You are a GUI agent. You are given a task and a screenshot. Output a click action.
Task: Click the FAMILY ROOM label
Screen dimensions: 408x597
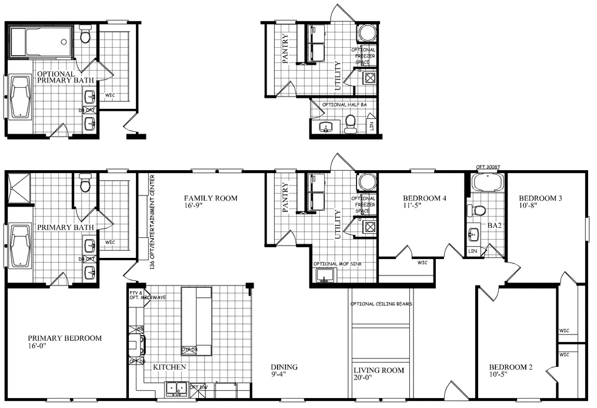(x=211, y=198)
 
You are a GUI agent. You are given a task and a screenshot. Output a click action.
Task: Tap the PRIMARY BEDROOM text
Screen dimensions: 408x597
(x=65, y=338)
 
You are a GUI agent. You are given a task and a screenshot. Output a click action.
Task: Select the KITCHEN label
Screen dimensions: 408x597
(x=169, y=367)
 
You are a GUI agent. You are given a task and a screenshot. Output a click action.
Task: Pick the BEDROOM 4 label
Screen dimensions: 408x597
(x=424, y=198)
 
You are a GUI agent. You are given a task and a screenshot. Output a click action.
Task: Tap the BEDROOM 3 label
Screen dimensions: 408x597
(x=541, y=198)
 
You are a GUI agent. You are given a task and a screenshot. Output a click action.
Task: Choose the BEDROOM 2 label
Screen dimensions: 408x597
(x=511, y=367)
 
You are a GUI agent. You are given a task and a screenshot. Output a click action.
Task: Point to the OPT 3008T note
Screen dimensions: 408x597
(x=487, y=167)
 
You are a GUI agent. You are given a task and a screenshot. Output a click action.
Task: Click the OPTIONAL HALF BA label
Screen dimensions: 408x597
(x=348, y=105)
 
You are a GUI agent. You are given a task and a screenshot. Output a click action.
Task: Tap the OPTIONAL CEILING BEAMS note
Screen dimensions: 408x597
(x=381, y=304)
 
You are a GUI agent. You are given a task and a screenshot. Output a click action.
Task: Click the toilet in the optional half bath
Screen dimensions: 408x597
(x=351, y=124)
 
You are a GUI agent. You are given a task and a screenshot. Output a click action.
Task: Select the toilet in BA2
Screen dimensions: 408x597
(x=479, y=210)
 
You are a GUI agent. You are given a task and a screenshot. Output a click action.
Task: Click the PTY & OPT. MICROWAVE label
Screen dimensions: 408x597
(x=147, y=295)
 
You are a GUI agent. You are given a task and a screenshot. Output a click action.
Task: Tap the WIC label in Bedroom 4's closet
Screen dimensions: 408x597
(x=422, y=263)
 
